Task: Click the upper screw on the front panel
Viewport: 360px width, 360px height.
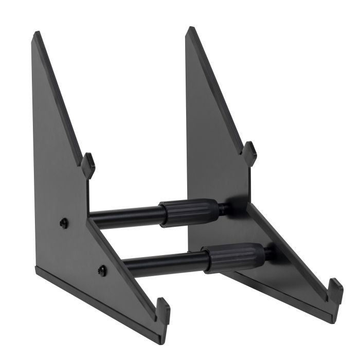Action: (64, 223)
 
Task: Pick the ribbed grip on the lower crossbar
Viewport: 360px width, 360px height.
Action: (235, 257)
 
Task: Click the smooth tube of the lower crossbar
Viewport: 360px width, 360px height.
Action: (165, 263)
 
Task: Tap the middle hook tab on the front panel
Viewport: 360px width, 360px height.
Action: (88, 165)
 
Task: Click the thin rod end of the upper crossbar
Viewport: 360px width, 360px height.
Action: (224, 208)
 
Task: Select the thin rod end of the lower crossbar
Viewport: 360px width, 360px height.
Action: (268, 253)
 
